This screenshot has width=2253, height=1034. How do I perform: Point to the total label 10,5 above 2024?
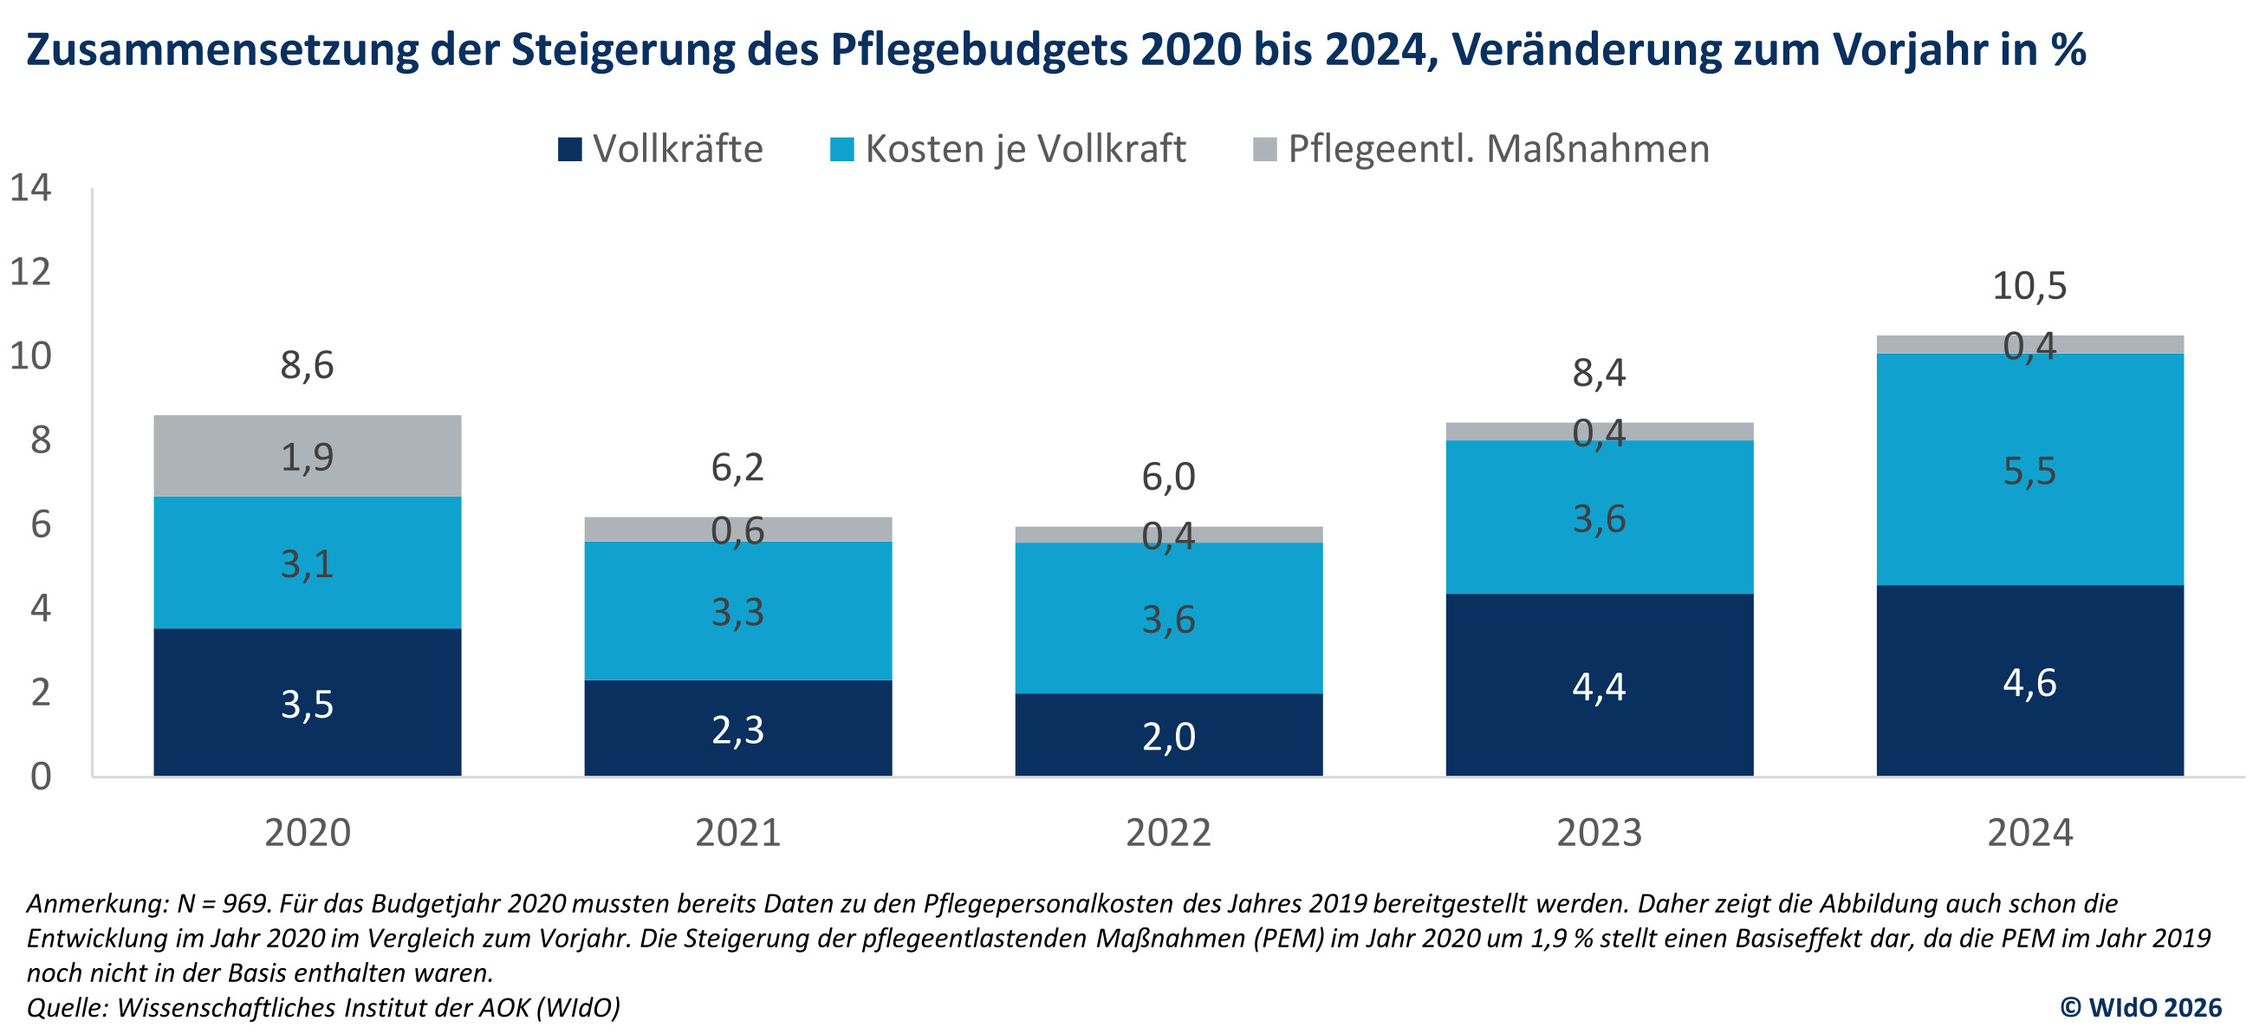coord(2029,286)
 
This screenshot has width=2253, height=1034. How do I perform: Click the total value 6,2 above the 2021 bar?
coord(737,467)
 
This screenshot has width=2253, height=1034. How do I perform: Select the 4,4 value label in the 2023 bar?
coord(1599,687)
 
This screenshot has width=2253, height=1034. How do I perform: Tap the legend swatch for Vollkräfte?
coord(570,149)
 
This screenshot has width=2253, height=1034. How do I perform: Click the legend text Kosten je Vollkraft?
coord(1025,149)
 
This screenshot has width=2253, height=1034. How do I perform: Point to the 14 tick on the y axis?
coord(30,188)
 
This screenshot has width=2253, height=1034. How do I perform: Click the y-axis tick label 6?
coord(40,525)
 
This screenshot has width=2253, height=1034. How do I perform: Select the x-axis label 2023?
coord(1599,833)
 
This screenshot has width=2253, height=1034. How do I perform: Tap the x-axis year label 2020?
coord(307,833)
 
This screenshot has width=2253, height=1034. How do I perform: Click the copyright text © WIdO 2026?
coord(2140,1008)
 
